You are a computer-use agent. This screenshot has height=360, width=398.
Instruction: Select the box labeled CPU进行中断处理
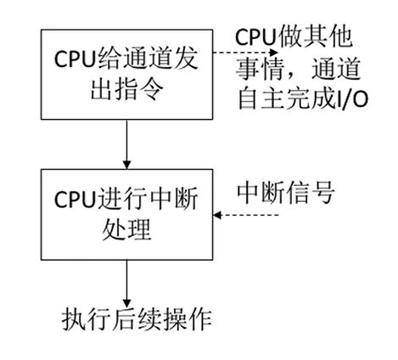pos(126,214)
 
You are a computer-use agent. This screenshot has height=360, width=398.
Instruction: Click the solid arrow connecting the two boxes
pos(126,143)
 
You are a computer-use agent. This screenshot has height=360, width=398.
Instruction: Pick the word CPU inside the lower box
pos(75,200)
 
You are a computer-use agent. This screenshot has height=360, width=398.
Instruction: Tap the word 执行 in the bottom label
pos(82,320)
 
